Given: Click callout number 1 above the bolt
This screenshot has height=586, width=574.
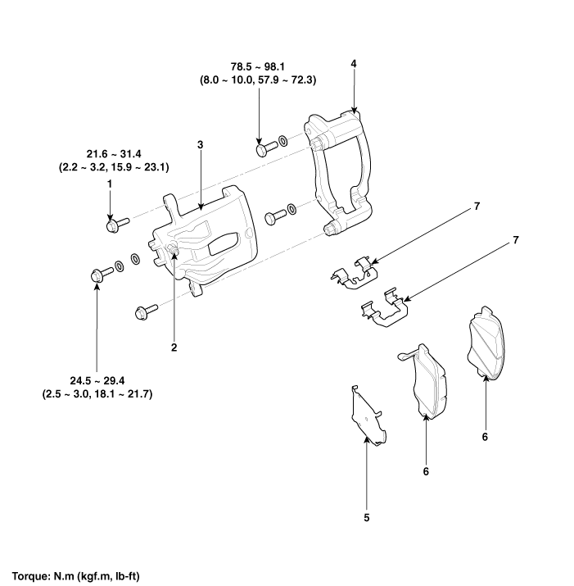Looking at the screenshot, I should click(109, 186).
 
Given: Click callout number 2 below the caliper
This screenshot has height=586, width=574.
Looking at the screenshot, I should click(174, 348).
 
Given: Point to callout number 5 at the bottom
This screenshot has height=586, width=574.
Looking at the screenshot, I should click(366, 518).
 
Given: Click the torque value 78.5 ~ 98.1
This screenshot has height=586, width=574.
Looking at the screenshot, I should click(259, 66).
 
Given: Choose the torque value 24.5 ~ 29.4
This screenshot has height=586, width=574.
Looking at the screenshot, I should click(97, 381).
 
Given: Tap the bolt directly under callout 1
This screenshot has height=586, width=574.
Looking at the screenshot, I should click(114, 222).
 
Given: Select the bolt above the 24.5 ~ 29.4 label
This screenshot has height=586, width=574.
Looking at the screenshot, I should click(97, 276).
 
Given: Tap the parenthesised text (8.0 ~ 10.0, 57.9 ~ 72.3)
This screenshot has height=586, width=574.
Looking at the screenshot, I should click(259, 80).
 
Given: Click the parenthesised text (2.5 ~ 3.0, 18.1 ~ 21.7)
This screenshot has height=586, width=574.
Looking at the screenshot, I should click(97, 394).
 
